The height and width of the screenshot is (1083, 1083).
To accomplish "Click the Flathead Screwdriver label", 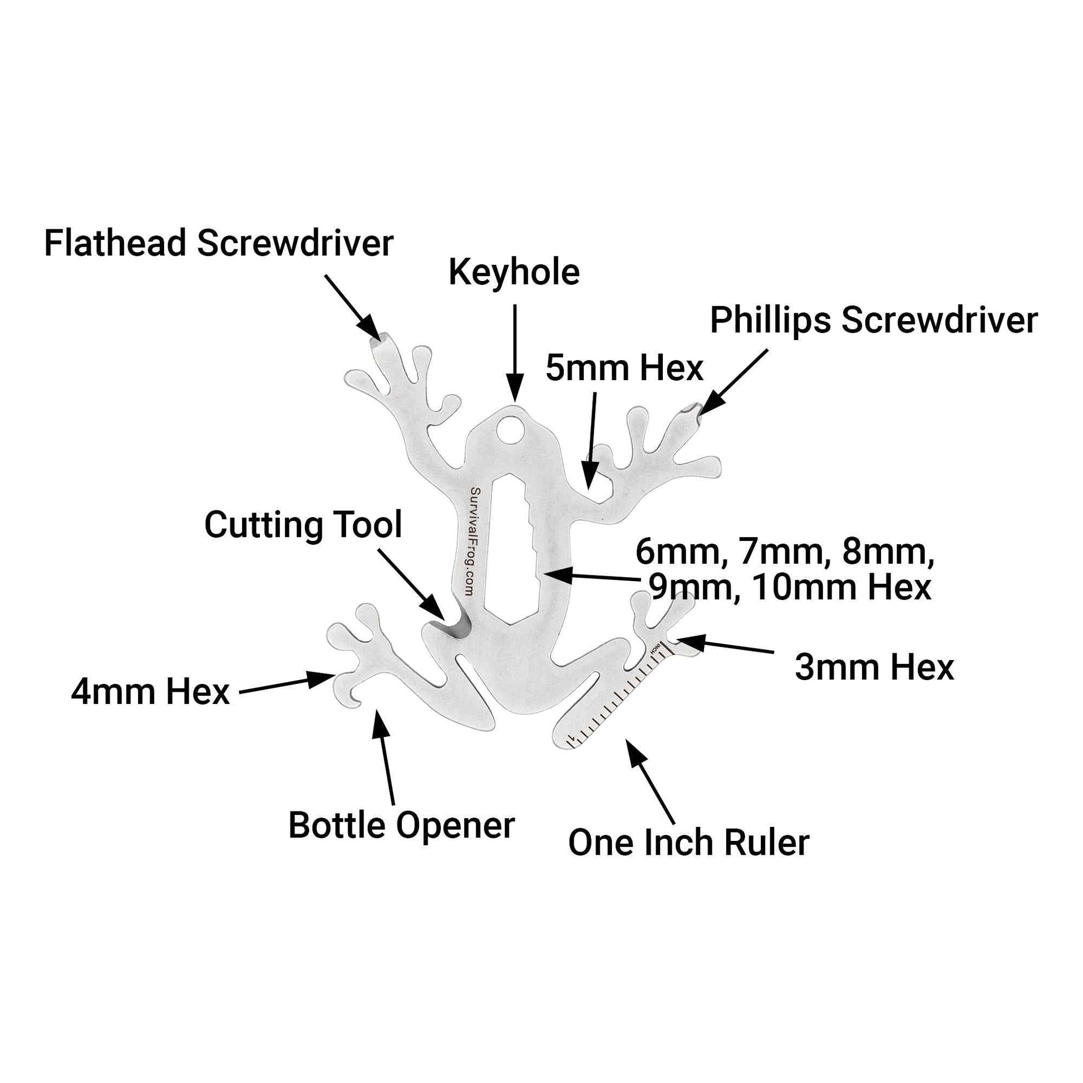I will [x=219, y=244].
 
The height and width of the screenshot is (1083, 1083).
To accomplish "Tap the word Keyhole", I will [x=514, y=273].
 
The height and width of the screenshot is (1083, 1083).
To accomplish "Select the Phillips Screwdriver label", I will [x=873, y=321].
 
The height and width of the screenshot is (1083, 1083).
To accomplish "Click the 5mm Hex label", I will [x=624, y=369].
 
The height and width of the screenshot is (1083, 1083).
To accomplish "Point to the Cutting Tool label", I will [x=303, y=525].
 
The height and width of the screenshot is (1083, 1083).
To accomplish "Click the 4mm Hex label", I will [x=150, y=692].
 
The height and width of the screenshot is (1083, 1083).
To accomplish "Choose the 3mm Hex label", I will [x=874, y=668].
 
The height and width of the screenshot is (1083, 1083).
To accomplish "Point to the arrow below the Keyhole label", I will [x=515, y=353].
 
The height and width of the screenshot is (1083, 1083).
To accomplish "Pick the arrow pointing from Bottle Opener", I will [x=386, y=757].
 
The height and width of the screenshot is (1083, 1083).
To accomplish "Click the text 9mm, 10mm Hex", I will [x=789, y=588].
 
